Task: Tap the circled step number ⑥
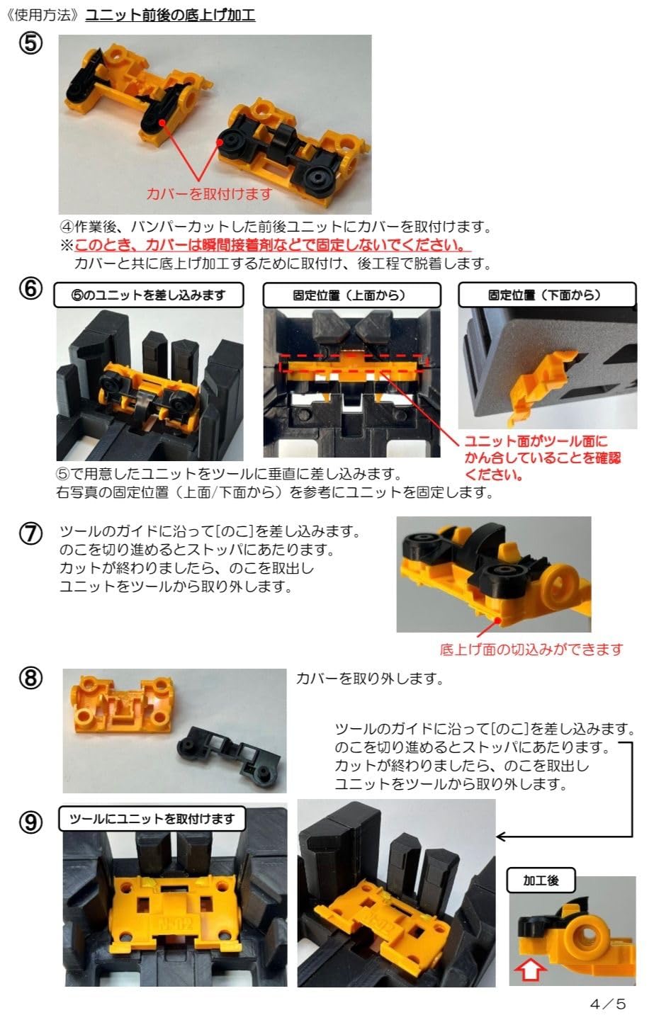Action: pyautogui.click(x=30, y=290)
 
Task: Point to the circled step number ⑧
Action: pyautogui.click(x=30, y=678)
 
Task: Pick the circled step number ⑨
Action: pyautogui.click(x=30, y=822)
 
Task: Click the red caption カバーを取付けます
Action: pyautogui.click(x=209, y=193)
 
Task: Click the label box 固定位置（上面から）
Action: pyautogui.click(x=351, y=295)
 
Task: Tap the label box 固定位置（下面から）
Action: pyautogui.click(x=546, y=295)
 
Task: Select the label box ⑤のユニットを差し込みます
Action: pyautogui.click(x=149, y=295)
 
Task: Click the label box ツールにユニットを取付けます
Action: pyautogui.click(x=152, y=819)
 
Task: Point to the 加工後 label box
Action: pyautogui.click(x=541, y=880)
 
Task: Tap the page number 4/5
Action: pyautogui.click(x=608, y=1004)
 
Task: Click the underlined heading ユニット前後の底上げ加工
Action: pyautogui.click(x=170, y=14)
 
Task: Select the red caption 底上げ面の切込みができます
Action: pyautogui.click(x=531, y=649)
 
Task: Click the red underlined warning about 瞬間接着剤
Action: pyautogui.click(x=273, y=245)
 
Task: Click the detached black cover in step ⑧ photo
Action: pyautogui.click(x=230, y=752)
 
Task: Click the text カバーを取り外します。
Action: pyautogui.click(x=369, y=679)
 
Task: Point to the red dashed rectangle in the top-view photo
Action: pyautogui.click(x=352, y=363)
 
